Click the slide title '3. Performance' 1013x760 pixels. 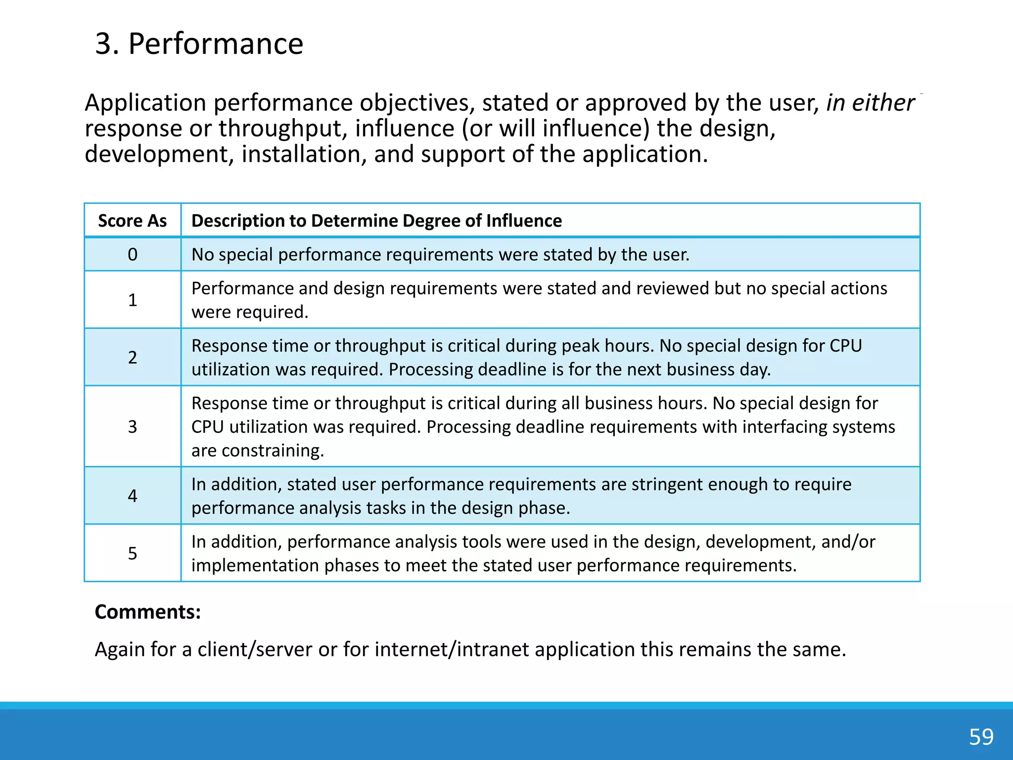pos(199,44)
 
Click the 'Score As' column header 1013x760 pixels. pos(132,221)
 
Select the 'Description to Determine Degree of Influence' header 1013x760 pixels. pos(376,221)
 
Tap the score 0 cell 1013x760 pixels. pos(132,254)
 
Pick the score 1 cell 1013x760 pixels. pos(132,300)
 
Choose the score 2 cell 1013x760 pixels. pos(132,357)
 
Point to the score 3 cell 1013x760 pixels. pos(132,427)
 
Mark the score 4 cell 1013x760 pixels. pos(132,496)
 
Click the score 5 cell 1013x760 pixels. pos(132,553)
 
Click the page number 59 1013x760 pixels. pos(981,737)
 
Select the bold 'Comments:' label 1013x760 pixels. pos(147,612)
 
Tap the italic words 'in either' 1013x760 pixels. pos(870,103)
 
